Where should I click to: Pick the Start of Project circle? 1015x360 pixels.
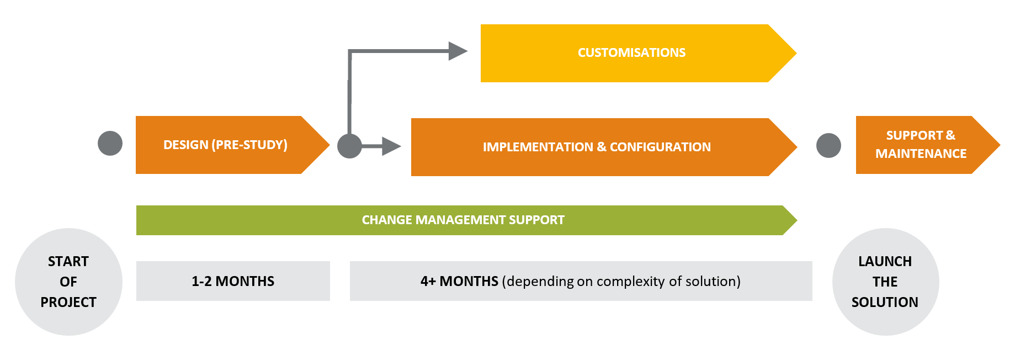pos(68,282)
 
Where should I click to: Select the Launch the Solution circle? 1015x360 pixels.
pos(885,282)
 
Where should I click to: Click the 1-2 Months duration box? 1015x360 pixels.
pos(233,281)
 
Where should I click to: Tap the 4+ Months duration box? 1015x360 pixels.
pos(581,281)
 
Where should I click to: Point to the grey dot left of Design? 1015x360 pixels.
pos(110,144)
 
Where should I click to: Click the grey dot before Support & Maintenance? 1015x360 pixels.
pos(828,146)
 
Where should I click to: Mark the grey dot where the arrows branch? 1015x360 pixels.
pos(349,146)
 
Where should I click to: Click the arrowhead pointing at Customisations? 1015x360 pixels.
pos(458,51)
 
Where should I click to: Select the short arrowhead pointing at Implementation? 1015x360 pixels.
pos(391,146)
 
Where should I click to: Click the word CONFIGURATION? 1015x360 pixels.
pos(660,147)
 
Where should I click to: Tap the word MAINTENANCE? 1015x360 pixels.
pos(921,153)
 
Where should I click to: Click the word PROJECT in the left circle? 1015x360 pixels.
pos(68,302)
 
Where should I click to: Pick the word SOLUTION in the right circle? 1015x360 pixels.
pos(885,302)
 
